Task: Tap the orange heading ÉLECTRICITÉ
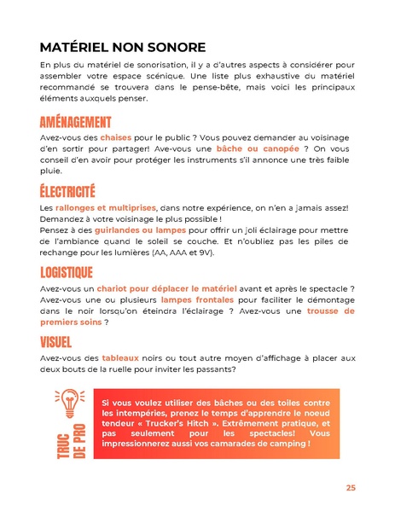click(x=67, y=192)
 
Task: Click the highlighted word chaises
click(x=117, y=136)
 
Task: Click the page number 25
click(x=351, y=487)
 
